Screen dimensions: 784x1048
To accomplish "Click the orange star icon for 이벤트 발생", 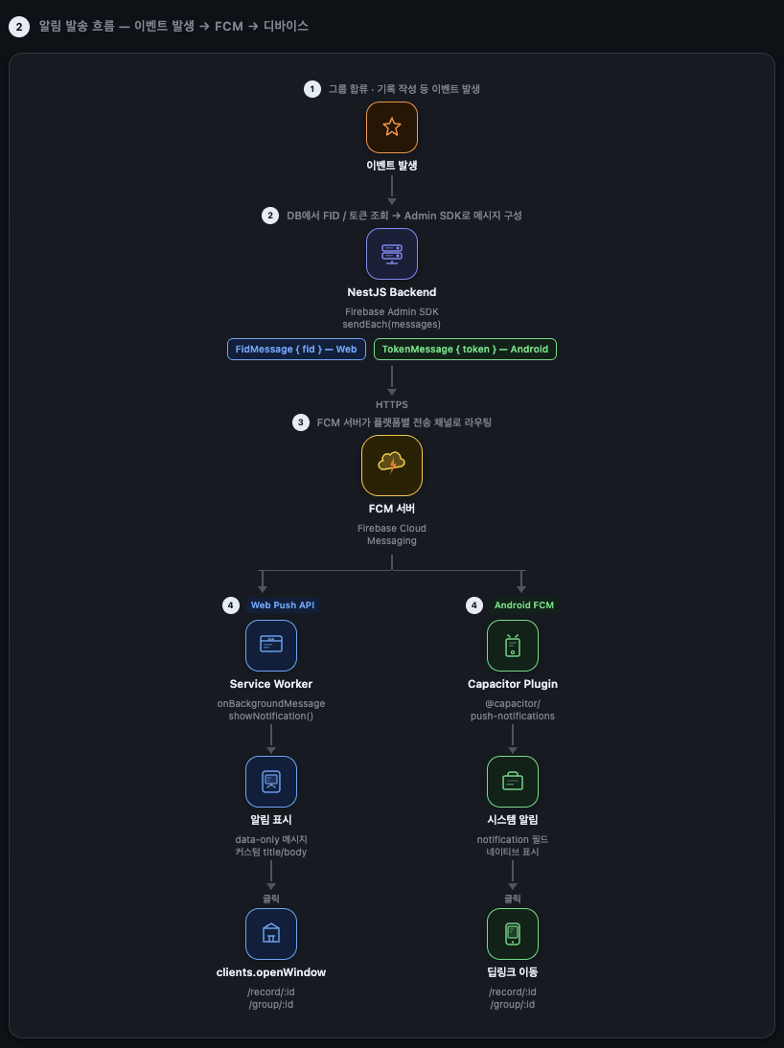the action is tap(392, 127).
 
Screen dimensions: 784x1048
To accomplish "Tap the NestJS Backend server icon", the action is tap(392, 254).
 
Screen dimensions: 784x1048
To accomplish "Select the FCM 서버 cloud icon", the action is tap(392, 466).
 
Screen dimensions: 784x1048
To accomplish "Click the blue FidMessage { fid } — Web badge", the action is tap(296, 349).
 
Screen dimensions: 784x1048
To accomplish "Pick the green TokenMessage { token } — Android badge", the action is tap(465, 349).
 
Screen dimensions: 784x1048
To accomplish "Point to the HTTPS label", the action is tap(392, 404).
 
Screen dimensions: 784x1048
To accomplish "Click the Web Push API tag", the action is tap(283, 604).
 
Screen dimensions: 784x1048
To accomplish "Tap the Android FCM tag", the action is tap(523, 604).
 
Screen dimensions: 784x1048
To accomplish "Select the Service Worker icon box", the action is tap(271, 646).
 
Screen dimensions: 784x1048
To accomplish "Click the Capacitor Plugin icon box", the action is tap(513, 646).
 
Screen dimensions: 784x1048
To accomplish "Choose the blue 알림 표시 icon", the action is tap(271, 782).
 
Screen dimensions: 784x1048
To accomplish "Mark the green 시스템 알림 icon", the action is tap(513, 782).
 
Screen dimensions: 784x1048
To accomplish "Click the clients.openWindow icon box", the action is tap(271, 934).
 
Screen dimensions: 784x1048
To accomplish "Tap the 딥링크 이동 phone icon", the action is tap(513, 934).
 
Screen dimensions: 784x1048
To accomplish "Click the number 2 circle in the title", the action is tap(19, 27).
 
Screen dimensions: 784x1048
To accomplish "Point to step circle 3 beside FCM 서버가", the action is tap(300, 422).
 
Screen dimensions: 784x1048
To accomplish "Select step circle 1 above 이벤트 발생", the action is tap(311, 89).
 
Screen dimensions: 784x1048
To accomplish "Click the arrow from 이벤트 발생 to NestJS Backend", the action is tap(392, 190).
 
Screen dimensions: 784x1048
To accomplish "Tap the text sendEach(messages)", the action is tap(392, 324).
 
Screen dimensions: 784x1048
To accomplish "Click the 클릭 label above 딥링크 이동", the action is tap(513, 899).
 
